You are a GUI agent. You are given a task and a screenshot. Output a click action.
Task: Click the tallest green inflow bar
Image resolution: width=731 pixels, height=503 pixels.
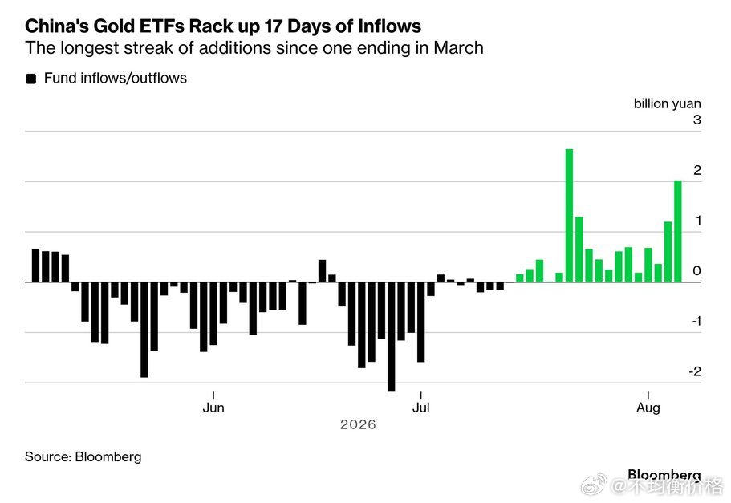click(569, 215)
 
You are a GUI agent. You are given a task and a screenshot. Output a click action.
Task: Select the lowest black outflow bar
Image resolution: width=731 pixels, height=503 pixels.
click(391, 337)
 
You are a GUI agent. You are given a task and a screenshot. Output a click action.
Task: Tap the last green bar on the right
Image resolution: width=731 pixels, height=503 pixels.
click(678, 231)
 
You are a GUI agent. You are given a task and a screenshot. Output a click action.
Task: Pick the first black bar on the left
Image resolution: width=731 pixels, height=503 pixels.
click(35, 266)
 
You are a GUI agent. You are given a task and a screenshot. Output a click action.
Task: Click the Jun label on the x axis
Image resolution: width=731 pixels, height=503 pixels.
click(213, 408)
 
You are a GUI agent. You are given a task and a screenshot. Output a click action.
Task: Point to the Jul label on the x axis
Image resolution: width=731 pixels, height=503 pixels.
click(421, 408)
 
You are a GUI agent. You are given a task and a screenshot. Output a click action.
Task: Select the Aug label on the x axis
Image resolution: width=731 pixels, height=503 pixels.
click(648, 408)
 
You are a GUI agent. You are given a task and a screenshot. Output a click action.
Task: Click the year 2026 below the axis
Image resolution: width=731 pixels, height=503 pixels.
click(358, 424)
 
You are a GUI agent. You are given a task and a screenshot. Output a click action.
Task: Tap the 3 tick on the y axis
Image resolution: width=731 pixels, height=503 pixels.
click(697, 120)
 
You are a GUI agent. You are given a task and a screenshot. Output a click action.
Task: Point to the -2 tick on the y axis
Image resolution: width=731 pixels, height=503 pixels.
click(695, 371)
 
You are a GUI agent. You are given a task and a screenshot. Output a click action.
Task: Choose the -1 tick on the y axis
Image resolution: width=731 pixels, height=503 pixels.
click(696, 321)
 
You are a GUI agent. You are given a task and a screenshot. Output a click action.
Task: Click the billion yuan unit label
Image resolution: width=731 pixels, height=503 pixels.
click(667, 103)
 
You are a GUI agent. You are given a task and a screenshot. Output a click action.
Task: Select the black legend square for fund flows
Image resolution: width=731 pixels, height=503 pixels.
click(30, 79)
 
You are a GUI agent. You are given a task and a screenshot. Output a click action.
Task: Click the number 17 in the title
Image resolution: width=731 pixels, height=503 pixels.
click(273, 26)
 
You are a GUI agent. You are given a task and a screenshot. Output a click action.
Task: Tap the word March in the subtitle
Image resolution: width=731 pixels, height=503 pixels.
click(458, 48)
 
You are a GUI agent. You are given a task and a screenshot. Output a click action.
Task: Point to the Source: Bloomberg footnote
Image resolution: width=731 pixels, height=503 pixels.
click(83, 456)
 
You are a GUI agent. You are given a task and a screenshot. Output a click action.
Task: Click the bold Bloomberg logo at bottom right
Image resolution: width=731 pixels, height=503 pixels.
click(664, 475)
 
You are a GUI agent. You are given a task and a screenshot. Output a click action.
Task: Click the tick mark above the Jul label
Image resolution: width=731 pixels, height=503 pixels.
click(421, 396)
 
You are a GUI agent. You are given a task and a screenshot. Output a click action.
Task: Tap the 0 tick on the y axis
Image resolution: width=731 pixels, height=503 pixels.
click(697, 271)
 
